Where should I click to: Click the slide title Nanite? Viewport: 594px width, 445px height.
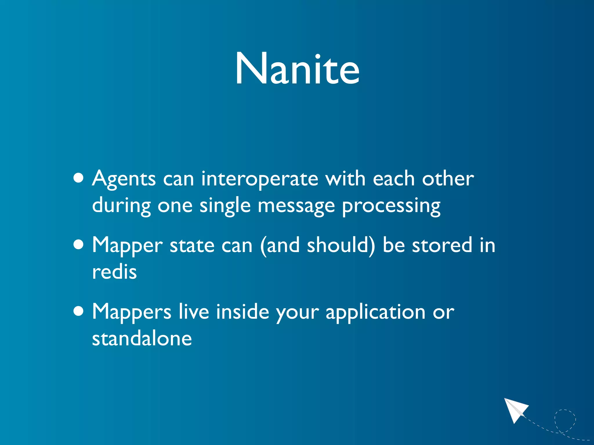coord(297,69)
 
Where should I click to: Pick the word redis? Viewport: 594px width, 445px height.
coord(114,272)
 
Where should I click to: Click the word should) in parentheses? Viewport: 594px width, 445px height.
coord(341,246)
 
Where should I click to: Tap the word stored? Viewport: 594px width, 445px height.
coord(442,246)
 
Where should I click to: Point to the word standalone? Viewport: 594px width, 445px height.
coord(142,338)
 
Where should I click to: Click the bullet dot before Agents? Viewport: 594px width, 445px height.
coord(79,178)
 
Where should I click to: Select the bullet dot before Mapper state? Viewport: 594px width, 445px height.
coord(79,245)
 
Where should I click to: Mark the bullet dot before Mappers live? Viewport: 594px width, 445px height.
coord(79,311)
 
